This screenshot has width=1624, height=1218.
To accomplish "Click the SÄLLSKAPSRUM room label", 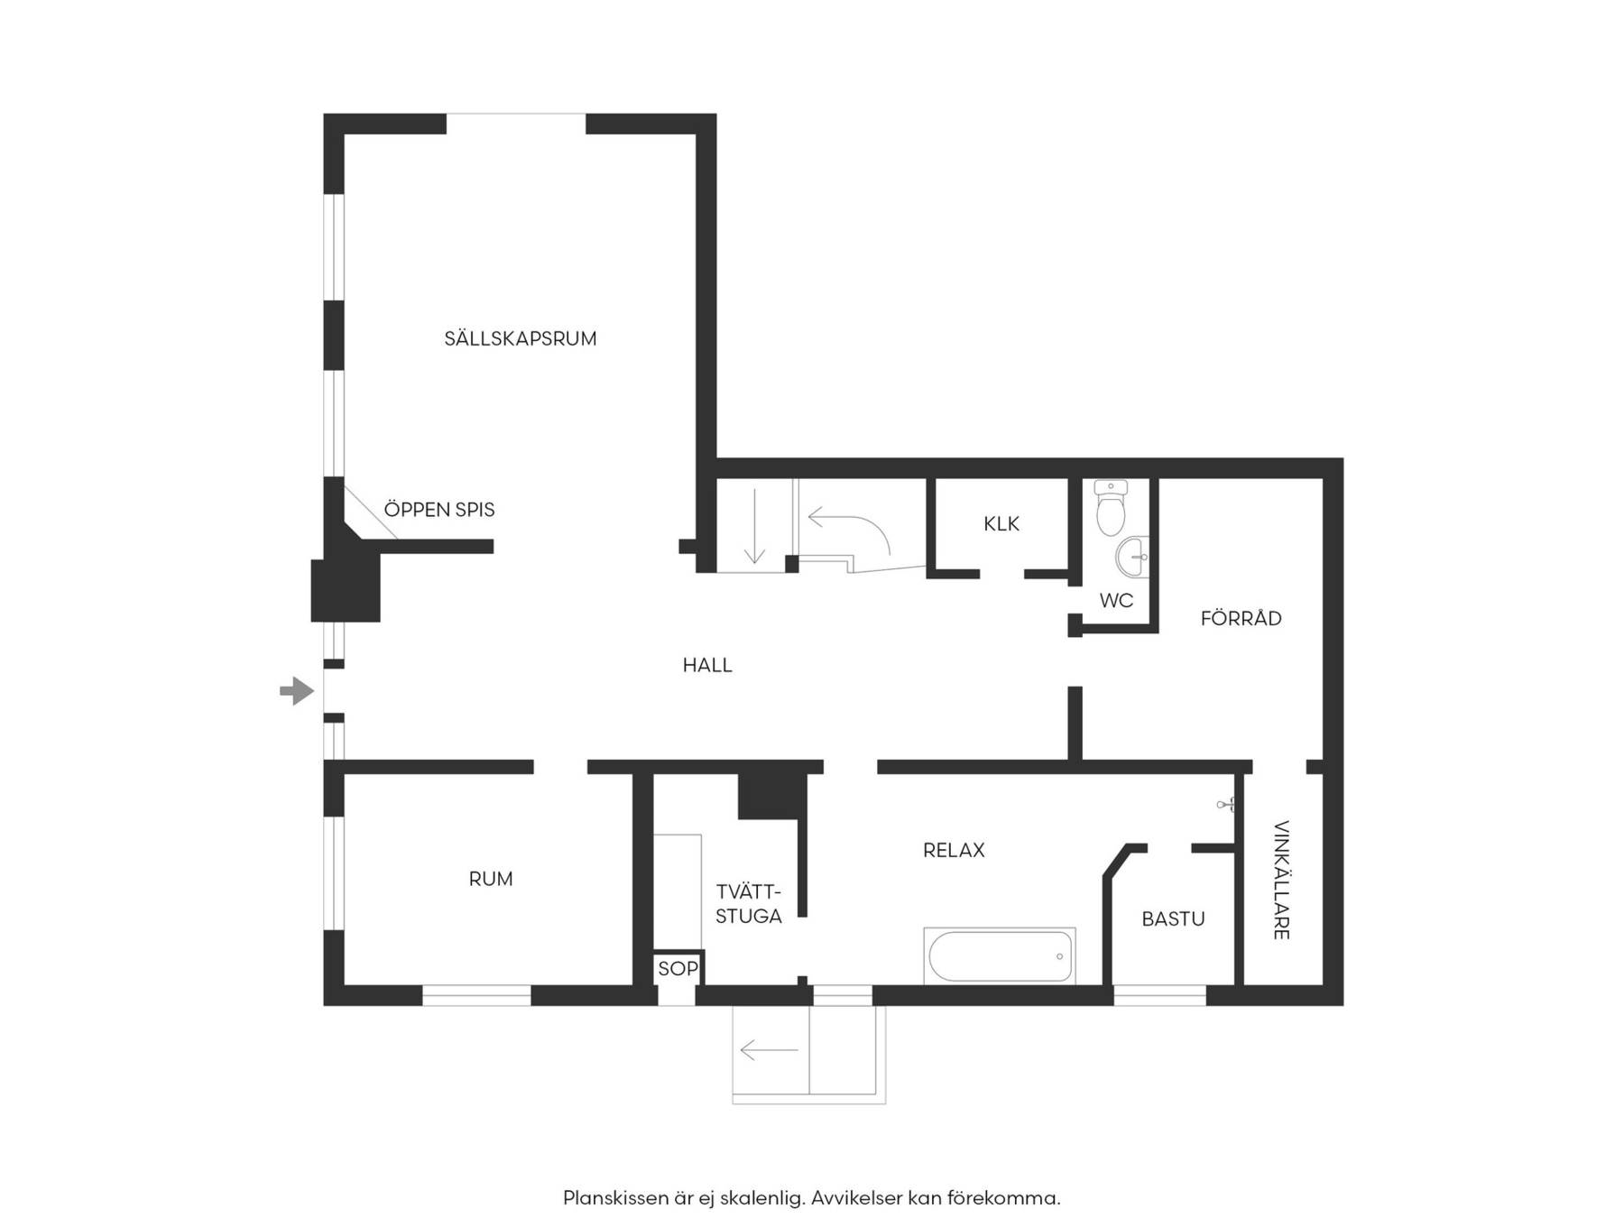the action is (521, 338).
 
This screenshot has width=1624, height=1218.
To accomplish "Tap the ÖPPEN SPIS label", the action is (439, 509).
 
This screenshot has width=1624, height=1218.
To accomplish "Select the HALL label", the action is (707, 666).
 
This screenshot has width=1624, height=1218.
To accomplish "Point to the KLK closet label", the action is (1001, 524).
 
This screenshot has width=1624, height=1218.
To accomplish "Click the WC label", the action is (1116, 601).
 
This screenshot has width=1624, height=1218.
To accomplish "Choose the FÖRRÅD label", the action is (1241, 618).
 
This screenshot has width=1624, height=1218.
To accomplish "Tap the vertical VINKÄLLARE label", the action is (1281, 880).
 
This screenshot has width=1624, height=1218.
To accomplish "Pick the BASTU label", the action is (1173, 919).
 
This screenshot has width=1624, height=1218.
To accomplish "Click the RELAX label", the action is (954, 850).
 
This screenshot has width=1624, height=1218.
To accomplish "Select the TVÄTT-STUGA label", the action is (749, 904).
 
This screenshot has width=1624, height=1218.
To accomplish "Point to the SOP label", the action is (678, 969).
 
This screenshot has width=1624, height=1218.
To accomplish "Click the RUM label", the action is (491, 879).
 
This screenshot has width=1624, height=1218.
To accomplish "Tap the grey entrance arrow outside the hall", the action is (297, 692).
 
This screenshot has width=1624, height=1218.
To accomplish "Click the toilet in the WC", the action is (1111, 507).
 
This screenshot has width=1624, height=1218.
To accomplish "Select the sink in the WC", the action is (1133, 557).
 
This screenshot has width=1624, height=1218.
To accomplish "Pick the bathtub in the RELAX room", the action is (1000, 956).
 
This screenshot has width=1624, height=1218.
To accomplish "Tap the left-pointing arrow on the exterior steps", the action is (770, 1050).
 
